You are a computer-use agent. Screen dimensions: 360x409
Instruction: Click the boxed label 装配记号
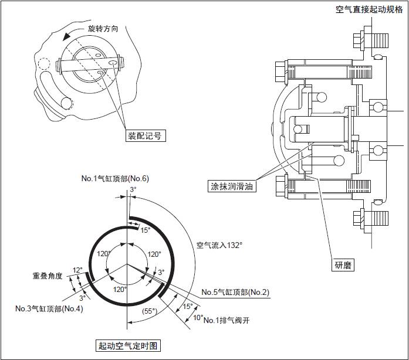[x=144, y=135]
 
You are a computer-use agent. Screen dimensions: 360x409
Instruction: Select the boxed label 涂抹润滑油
[x=232, y=186]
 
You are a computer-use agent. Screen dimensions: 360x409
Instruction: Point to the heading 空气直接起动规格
[x=369, y=9]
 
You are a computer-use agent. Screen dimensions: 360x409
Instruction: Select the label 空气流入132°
[x=219, y=244]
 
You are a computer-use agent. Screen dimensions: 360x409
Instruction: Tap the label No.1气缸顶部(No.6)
[x=116, y=178]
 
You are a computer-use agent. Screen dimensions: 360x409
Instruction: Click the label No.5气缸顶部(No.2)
[x=235, y=292]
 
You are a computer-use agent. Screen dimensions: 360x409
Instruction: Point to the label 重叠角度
[x=48, y=275]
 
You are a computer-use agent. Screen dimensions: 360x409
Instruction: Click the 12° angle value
[x=77, y=270]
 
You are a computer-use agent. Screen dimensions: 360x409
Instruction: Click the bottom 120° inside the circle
[x=119, y=289]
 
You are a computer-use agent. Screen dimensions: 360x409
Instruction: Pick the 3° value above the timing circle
[x=133, y=190]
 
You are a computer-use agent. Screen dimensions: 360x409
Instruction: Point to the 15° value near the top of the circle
[x=145, y=230]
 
